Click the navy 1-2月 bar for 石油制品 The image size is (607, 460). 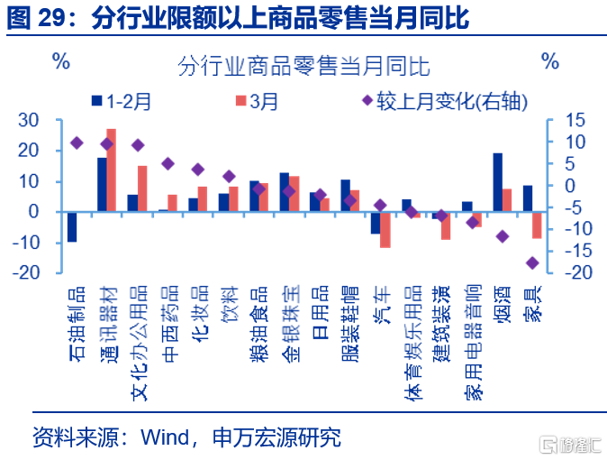point(72,227)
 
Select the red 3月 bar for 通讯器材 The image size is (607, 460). point(112,170)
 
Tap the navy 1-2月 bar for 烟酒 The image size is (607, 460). point(498,182)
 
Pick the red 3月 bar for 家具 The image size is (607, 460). point(537,225)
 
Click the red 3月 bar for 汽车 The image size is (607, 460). point(385,230)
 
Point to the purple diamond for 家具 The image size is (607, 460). point(532,263)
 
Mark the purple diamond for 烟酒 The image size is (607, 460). point(503,236)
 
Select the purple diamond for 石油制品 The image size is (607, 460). point(77,143)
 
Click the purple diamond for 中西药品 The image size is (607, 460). point(168,163)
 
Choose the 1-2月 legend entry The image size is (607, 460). point(122,101)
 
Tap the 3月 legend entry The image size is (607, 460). point(257,101)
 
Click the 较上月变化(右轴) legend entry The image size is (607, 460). point(444,101)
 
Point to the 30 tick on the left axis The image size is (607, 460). point(29,120)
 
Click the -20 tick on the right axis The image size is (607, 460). point(578,272)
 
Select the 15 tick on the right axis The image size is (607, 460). point(575,120)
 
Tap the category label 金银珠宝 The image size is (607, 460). point(291,324)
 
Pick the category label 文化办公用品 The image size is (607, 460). point(140,343)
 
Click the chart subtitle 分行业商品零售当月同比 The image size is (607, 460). point(303,66)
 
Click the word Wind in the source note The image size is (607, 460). point(165,437)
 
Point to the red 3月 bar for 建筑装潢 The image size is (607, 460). point(446,225)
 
